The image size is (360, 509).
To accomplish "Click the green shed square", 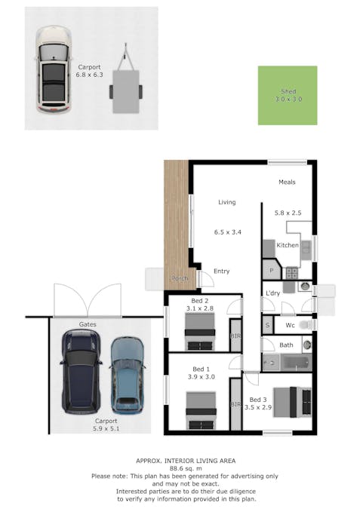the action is [288, 96].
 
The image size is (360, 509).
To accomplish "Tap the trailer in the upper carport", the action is [126, 78].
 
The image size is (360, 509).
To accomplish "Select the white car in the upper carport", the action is [54, 69].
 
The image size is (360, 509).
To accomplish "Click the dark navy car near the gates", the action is [81, 372].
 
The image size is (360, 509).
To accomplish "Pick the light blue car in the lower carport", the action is [127, 376].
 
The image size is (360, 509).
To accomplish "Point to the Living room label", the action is [226, 202].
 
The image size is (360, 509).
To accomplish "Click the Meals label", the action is [287, 182].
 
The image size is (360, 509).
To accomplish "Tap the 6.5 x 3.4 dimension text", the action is [227, 232].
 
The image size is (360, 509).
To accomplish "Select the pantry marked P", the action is [272, 269].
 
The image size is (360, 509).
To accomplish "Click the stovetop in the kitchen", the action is [292, 273].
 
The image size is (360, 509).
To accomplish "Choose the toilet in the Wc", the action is [306, 324].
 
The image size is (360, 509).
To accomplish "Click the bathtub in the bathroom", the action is [296, 363].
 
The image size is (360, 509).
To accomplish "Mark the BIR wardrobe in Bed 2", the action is [236, 336].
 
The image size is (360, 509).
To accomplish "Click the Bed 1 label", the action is [201, 369].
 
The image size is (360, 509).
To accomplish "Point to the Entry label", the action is [222, 271].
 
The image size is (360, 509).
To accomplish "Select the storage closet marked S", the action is [267, 324].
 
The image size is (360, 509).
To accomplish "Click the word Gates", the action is [88, 324].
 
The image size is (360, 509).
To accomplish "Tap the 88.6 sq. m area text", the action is [186, 468].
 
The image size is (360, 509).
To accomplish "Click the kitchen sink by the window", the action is [306, 250].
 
